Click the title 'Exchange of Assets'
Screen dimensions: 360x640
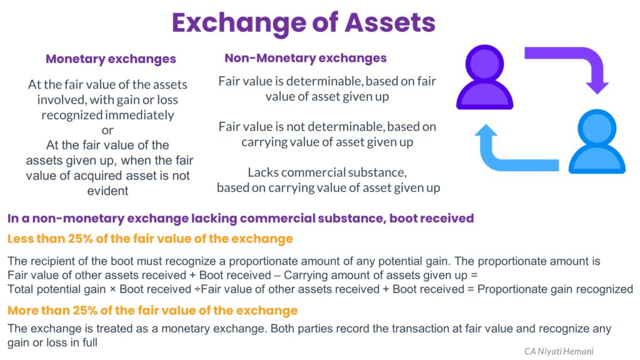pos(303,23)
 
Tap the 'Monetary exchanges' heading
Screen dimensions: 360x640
pos(111,59)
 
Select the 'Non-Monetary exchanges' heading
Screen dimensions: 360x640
pos(306,58)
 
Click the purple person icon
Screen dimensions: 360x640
pos(484,78)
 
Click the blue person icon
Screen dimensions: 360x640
pos(596,141)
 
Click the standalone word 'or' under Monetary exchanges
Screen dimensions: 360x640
pos(107,130)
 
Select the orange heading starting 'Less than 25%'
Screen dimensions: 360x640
pos(149,238)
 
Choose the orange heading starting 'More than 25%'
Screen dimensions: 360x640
pos(152,311)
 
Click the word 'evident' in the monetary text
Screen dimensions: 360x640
pos(108,191)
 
